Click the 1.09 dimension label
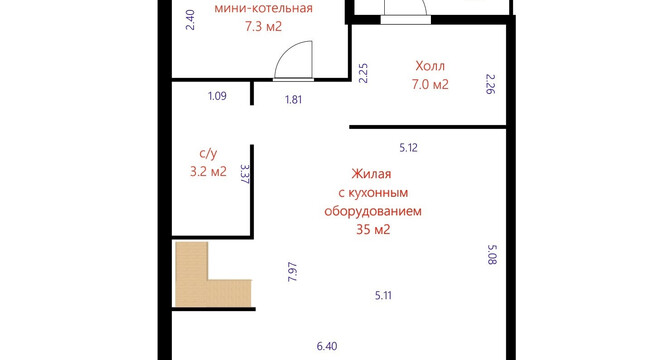tap(217, 96)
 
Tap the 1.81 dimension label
tap(294, 99)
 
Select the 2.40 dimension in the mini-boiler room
tap(190, 20)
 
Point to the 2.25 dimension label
tap(363, 73)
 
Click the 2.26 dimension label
tap(491, 84)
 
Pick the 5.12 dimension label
tap(408, 148)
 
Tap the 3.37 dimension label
tap(245, 174)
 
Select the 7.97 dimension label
tap(293, 272)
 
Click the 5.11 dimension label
tap(383, 295)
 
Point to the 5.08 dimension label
tap(492, 255)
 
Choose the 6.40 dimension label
tap(327, 346)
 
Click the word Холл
tap(430, 66)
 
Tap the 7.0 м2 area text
tap(430, 84)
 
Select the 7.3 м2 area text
tap(264, 27)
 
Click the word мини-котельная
tap(263, 8)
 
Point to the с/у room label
tap(208, 153)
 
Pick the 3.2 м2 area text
tap(208, 171)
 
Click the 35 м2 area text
tap(373, 230)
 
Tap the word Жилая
tap(371, 174)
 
